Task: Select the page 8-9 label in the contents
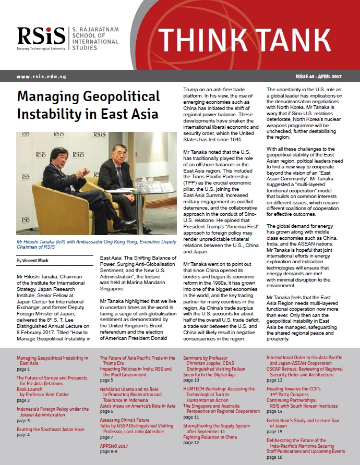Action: pos(109,452)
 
